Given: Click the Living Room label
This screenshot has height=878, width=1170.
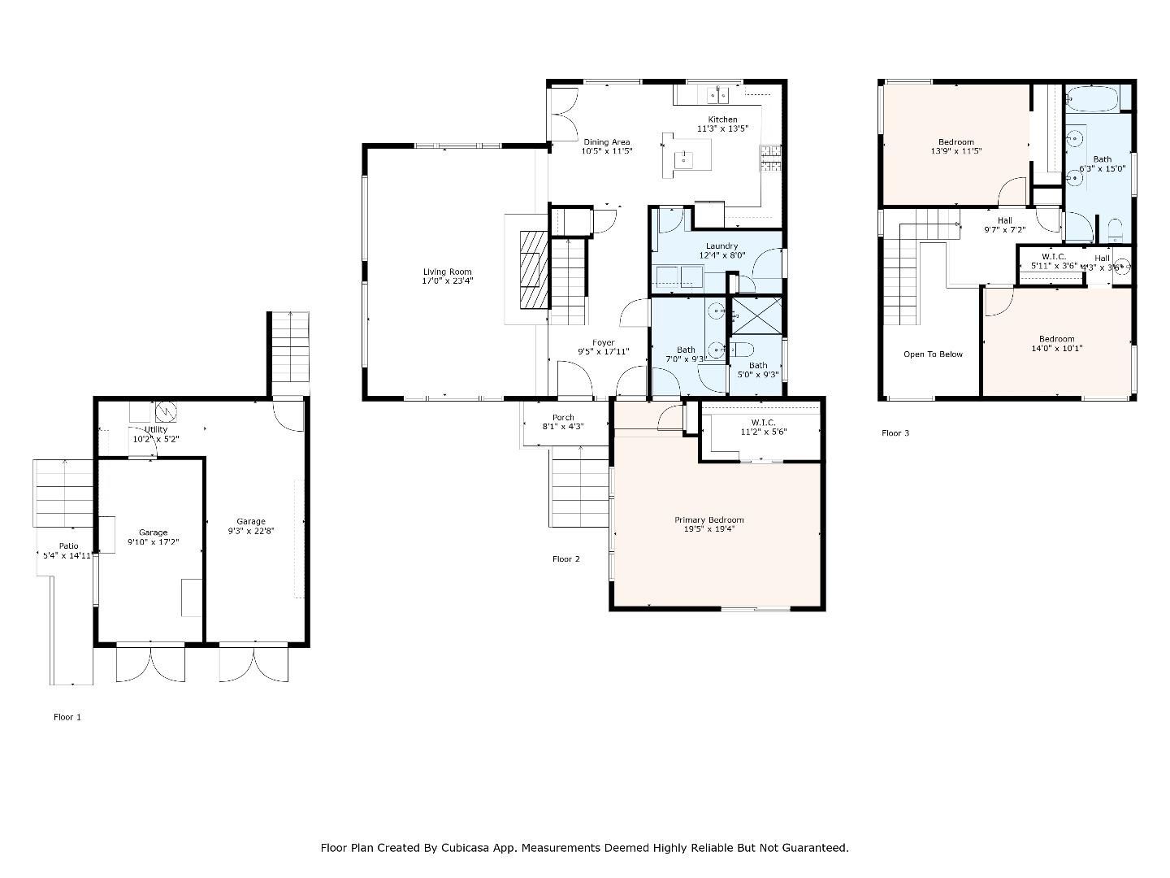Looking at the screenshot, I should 447,272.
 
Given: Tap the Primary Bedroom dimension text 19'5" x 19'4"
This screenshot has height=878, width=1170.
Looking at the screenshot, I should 708,529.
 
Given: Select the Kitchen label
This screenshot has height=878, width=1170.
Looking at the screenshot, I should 722,120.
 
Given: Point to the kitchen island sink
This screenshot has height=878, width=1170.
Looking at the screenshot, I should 684,159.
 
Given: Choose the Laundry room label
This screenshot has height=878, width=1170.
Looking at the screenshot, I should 721,246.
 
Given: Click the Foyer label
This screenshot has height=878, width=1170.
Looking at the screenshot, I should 603,342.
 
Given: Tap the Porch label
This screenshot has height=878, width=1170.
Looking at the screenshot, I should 563,417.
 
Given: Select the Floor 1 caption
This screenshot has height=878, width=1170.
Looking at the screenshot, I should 67,717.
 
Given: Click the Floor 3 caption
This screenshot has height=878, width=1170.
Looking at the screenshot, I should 895,432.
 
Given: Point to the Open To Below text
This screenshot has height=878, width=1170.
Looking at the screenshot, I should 933,354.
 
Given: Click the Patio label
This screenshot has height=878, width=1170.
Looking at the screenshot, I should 69,545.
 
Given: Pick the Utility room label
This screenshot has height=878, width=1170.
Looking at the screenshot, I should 155,429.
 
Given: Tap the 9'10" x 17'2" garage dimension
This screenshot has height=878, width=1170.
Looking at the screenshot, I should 153,542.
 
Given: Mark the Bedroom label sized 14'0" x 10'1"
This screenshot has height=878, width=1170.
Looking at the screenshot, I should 1056,339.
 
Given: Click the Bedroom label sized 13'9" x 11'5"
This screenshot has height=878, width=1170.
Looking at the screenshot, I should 955,142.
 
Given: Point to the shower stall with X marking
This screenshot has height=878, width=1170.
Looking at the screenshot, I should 756,316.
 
